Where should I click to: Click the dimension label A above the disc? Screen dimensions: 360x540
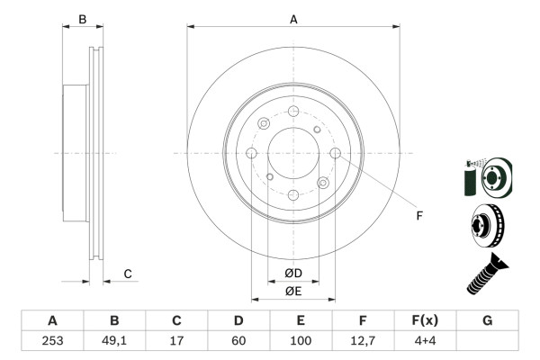293,18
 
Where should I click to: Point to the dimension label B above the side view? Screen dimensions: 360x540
82,19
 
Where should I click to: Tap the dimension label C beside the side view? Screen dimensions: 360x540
128,274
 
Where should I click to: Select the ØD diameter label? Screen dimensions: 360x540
293,273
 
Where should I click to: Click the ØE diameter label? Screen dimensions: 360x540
293,291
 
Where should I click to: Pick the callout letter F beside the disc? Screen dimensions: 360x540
418,214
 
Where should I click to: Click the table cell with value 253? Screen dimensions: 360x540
52,339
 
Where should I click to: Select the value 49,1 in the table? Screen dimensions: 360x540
114,339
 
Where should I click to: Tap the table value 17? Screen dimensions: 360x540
176,339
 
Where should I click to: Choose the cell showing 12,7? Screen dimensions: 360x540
363,339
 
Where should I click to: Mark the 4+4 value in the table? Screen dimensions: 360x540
425,339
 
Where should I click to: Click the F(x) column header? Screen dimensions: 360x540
425,320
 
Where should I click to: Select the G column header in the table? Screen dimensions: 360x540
487,320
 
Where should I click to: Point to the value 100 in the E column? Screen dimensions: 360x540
301,339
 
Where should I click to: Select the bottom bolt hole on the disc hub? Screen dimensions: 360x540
293,195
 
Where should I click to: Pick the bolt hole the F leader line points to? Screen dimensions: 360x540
336,153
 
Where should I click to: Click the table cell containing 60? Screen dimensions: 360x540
238,339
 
